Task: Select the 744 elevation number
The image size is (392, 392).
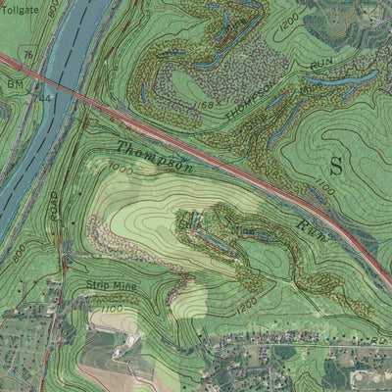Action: coord(43,98)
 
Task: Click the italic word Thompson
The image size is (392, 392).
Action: coord(155,157)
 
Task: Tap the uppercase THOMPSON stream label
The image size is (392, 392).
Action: coord(251,110)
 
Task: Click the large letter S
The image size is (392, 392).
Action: coord(336,165)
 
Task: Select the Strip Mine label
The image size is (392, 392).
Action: coord(112,285)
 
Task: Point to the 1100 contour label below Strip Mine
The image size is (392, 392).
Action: coord(111,310)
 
